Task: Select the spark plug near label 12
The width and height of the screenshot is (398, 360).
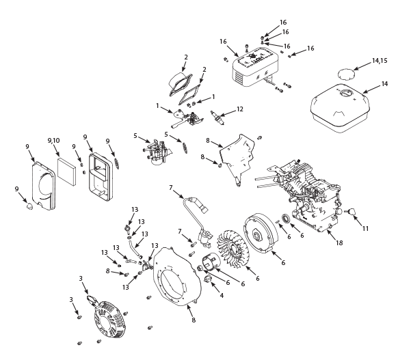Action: (x=217, y=117)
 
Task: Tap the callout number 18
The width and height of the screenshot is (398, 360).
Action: (x=339, y=243)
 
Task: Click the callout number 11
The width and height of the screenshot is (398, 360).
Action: (x=365, y=229)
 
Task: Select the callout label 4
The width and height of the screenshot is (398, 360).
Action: (x=222, y=295)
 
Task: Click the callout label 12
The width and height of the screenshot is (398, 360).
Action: (x=239, y=109)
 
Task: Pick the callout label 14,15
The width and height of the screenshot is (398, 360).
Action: (x=380, y=61)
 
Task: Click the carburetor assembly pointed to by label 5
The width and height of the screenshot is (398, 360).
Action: (x=157, y=152)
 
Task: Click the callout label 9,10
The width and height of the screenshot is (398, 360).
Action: (x=53, y=141)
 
